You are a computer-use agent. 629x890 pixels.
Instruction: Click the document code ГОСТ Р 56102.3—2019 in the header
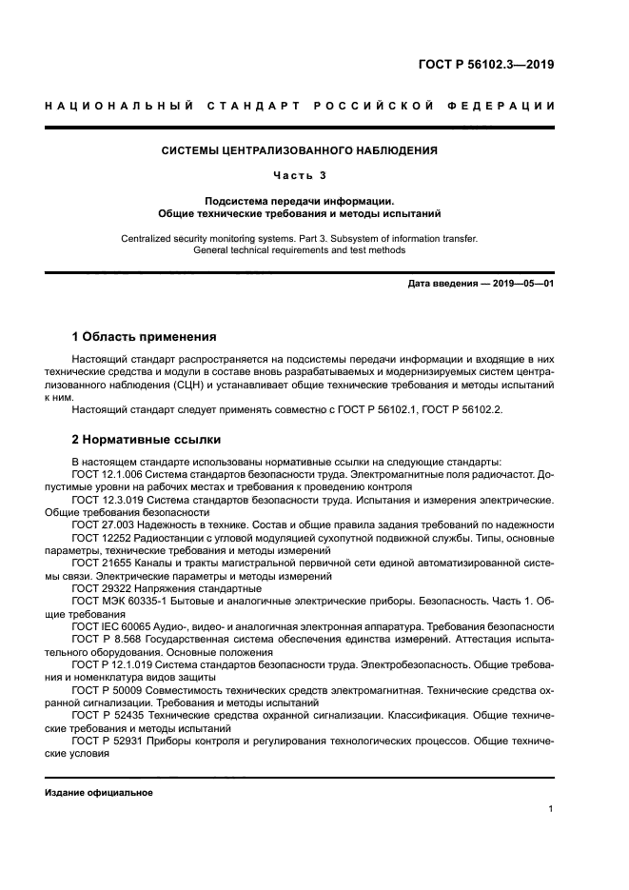tap(486, 66)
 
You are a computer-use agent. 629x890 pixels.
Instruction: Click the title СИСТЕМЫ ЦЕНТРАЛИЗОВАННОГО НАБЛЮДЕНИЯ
tap(299, 150)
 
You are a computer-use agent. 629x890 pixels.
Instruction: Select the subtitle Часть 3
tap(299, 175)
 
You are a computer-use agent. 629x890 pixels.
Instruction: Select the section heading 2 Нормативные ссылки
tap(147, 440)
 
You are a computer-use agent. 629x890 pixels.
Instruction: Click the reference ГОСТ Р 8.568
tap(108, 640)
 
